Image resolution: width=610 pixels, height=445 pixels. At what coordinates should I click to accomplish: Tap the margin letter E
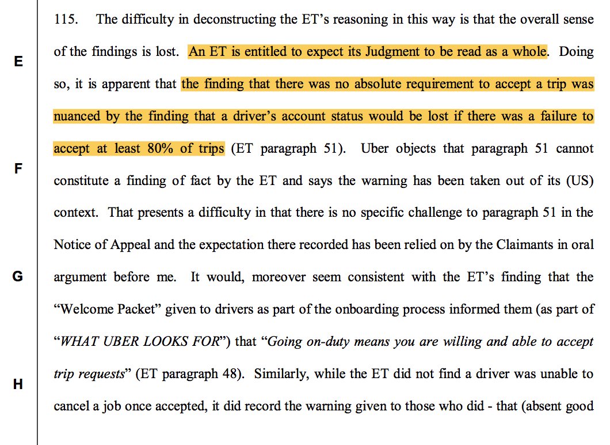point(18,62)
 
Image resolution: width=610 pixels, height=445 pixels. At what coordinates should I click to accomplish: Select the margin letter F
point(18,169)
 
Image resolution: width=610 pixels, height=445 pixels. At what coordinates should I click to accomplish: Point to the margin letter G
point(18,277)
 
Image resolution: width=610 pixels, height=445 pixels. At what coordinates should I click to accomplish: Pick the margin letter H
point(18,384)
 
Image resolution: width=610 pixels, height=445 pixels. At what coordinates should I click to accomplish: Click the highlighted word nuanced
point(77,116)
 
